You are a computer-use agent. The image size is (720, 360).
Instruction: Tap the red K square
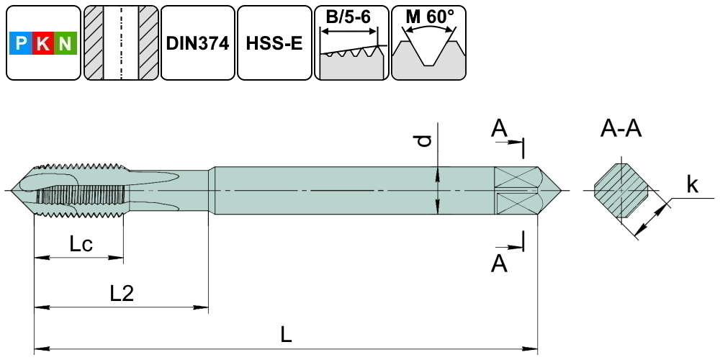[43, 45]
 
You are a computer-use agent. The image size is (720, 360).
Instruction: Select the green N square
[66, 45]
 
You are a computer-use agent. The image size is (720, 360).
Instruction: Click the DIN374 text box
[197, 43]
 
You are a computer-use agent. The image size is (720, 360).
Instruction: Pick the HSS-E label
[274, 43]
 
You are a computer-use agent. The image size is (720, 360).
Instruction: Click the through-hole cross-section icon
[120, 43]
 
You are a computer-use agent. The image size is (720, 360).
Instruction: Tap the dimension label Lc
[81, 245]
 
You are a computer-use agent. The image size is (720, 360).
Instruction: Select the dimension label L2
[122, 293]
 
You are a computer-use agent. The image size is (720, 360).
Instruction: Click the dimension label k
[692, 185]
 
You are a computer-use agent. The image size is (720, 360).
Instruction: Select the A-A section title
[621, 129]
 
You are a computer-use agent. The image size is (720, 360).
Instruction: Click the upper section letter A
[499, 129]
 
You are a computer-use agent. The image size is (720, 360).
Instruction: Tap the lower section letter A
[499, 264]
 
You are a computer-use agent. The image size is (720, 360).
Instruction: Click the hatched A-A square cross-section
[621, 191]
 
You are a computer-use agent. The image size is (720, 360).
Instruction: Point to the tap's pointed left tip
[17, 190]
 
